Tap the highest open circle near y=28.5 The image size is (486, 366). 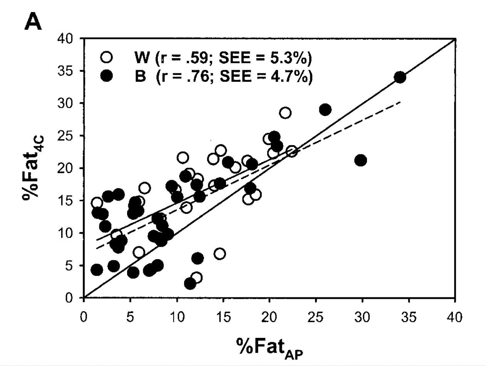tap(285, 113)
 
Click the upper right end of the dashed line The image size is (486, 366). tap(400, 102)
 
